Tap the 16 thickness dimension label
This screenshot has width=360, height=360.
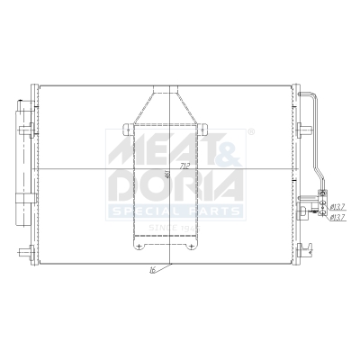pos(154,267)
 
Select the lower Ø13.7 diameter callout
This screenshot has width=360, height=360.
pos(336,217)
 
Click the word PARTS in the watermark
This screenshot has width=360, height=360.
pos(216,210)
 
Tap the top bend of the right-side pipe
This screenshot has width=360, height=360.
pos(312,94)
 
